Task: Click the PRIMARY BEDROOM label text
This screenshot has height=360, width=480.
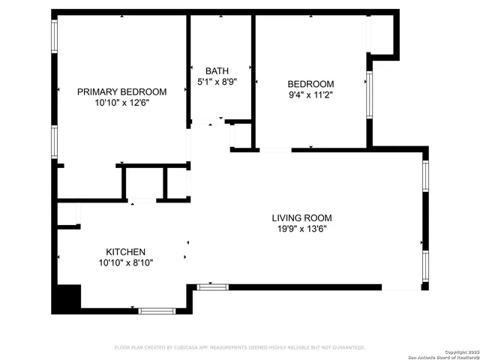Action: (122, 91)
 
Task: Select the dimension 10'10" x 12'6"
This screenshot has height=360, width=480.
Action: (122, 104)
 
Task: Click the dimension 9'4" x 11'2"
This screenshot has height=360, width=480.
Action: (310, 95)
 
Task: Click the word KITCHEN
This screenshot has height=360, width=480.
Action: (125, 252)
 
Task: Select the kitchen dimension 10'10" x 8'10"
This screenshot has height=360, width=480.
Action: (125, 263)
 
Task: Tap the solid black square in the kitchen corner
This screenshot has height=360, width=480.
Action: (65, 298)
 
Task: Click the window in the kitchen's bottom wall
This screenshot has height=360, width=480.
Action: (157, 310)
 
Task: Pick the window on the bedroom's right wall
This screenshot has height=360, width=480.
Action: (368, 94)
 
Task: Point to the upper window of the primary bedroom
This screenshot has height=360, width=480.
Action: (54, 35)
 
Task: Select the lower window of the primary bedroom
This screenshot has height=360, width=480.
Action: (54, 142)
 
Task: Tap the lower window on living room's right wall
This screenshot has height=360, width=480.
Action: (425, 265)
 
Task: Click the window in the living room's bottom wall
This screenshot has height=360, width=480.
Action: (212, 286)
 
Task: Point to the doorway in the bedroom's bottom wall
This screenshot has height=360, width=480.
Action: (275, 150)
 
